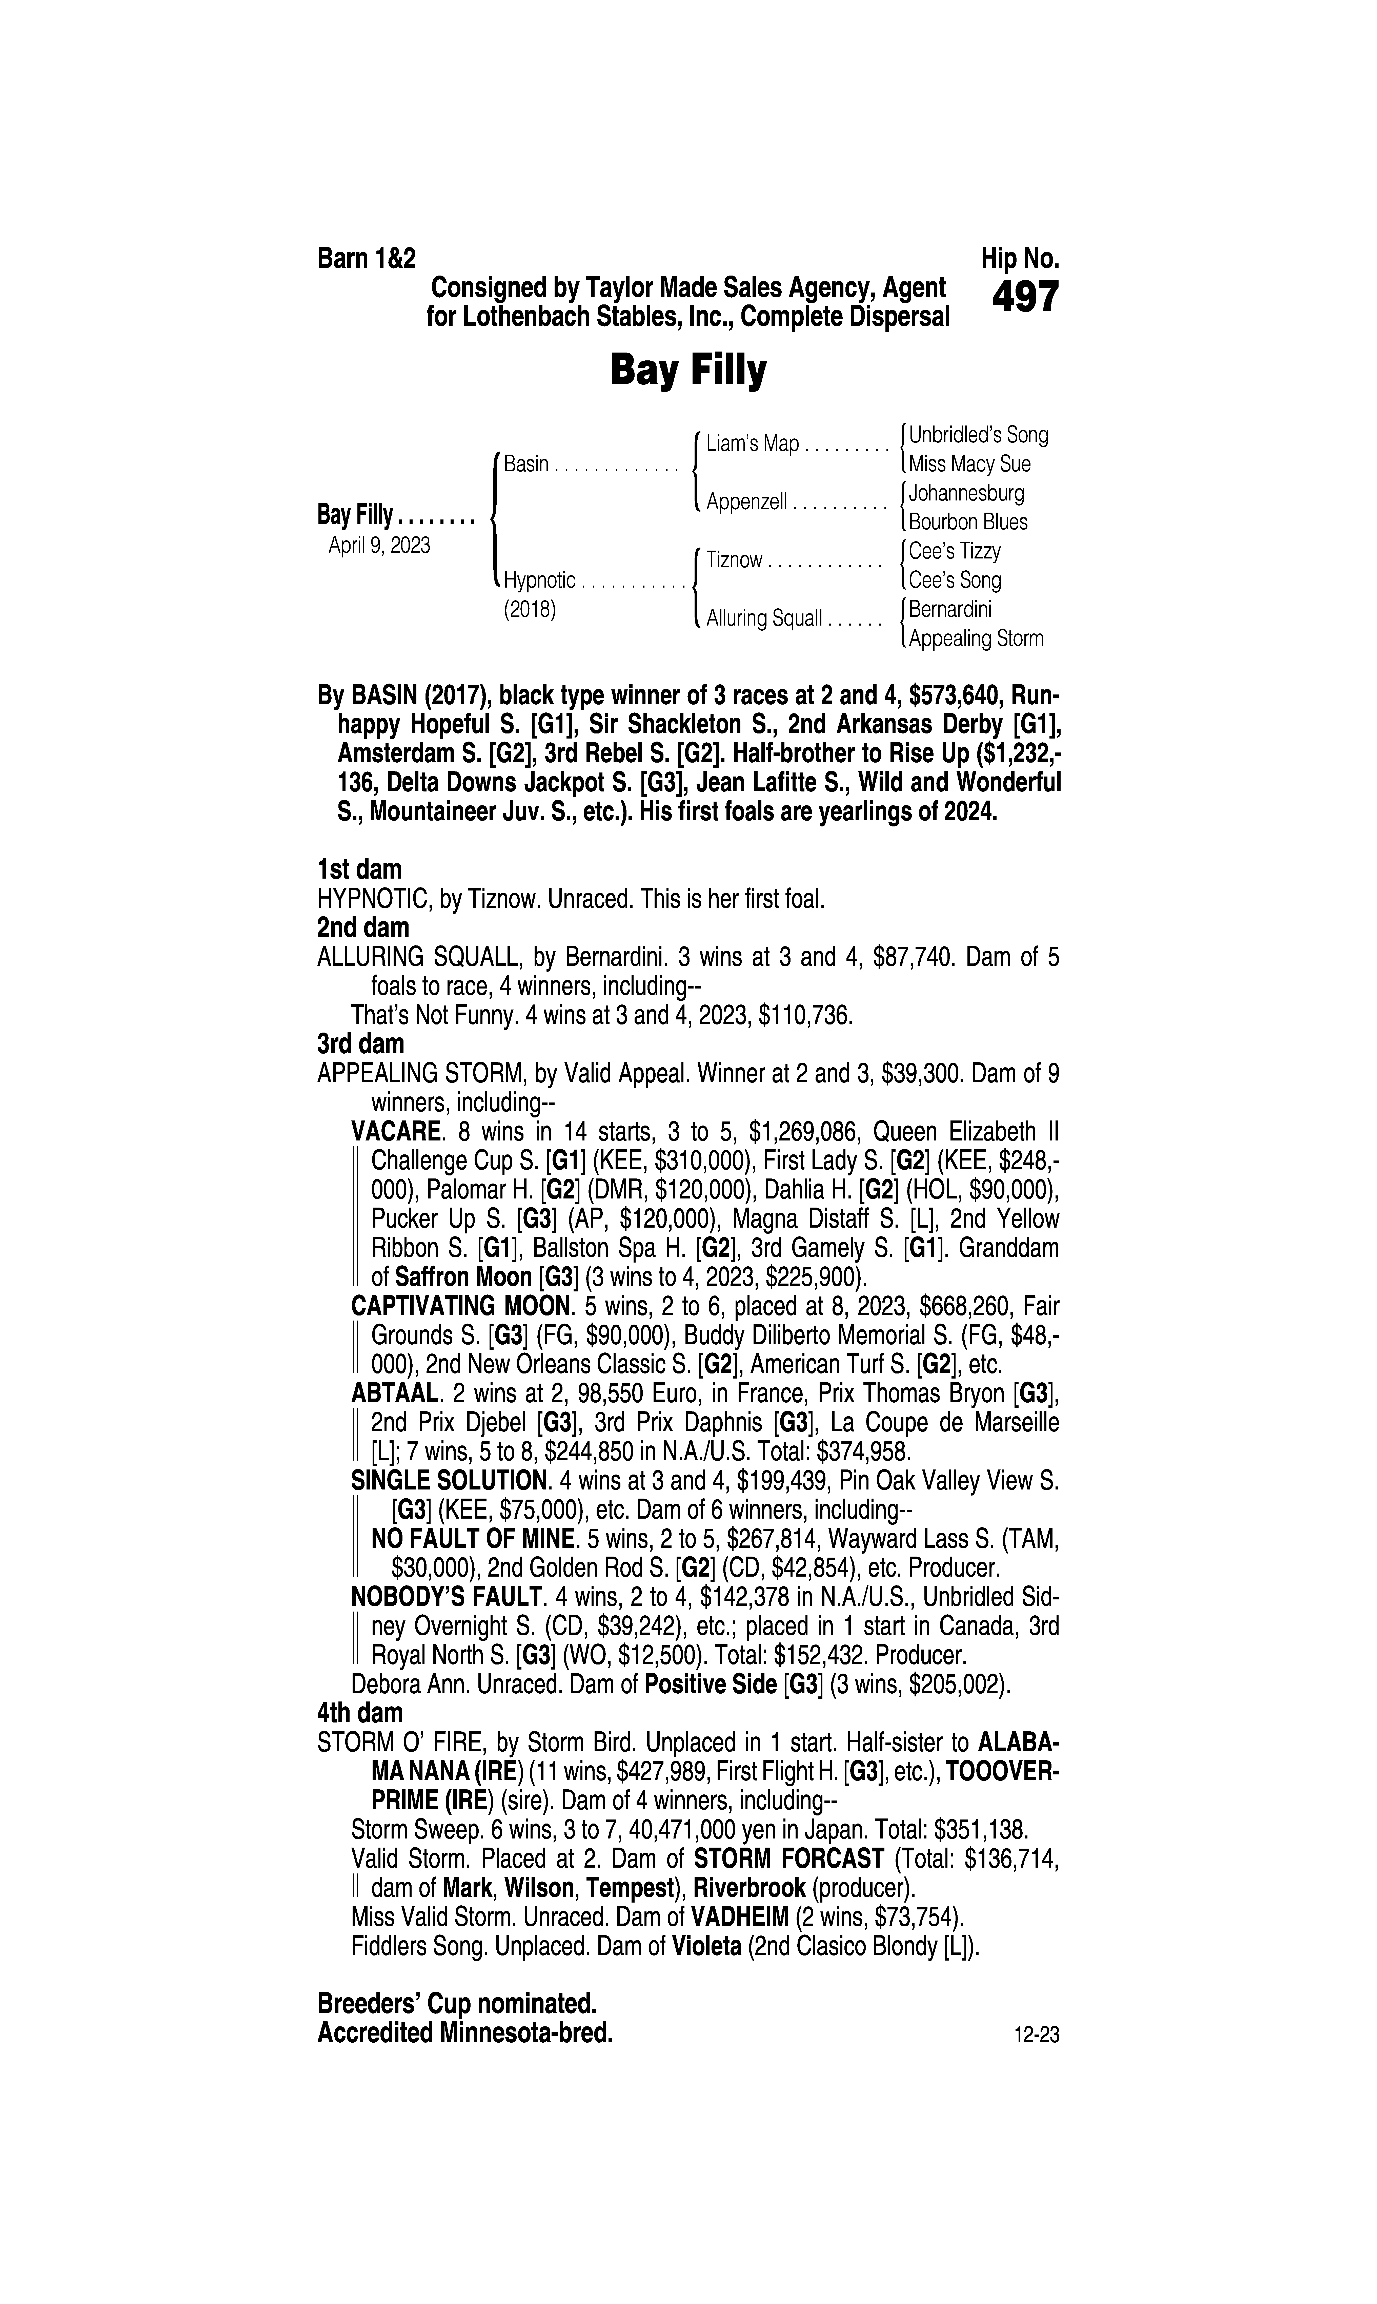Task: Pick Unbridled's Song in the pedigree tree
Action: click(x=978, y=435)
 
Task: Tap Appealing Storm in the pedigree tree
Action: click(x=976, y=639)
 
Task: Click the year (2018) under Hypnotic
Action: click(x=529, y=611)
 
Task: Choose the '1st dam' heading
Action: click(x=359, y=870)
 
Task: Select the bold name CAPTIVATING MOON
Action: click(x=459, y=1306)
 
